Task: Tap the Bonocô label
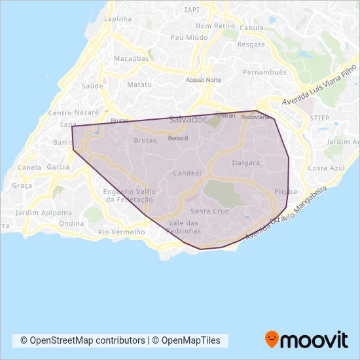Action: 178,138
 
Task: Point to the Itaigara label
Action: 245,162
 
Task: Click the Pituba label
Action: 285,192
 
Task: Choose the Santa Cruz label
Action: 209,211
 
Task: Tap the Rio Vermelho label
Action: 120,232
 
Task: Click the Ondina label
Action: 71,223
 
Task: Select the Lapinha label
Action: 118,20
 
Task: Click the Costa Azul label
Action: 326,168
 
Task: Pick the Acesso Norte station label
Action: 204,80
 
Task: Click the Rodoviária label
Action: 255,117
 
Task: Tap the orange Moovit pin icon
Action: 272,340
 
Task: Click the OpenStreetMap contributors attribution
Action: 82,340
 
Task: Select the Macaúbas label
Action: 127,58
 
